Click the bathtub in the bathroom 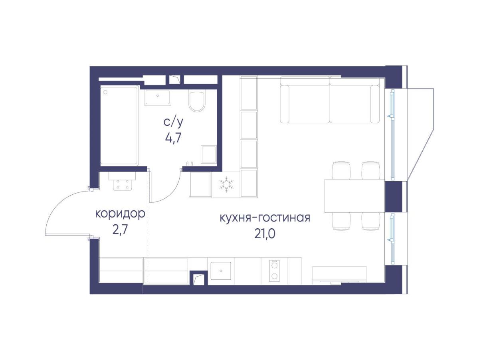coord(119,126)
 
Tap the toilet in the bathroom coord(197,102)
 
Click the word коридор coord(120,214)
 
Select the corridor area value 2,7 coord(120,231)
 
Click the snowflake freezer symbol coord(226,184)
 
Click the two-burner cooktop coord(274,270)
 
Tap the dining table coord(354,196)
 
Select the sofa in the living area coord(330,100)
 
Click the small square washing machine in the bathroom coord(208,154)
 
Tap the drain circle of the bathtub coord(106,92)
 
